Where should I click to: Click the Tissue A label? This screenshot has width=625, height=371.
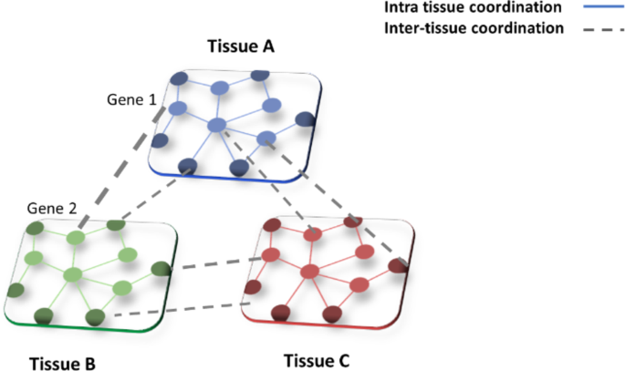[x=241, y=46]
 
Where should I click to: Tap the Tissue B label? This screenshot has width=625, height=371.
[x=61, y=363]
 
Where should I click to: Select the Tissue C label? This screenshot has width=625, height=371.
[x=316, y=358]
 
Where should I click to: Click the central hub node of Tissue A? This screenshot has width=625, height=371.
[x=217, y=125]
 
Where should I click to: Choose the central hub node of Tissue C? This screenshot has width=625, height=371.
[x=311, y=271]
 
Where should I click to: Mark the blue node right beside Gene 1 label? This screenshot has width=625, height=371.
[x=178, y=109]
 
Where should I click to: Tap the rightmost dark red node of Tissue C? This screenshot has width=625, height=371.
[x=398, y=266]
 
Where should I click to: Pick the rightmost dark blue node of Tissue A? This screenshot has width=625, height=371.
[x=306, y=119]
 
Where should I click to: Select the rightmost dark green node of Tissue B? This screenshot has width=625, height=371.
[x=161, y=269]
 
